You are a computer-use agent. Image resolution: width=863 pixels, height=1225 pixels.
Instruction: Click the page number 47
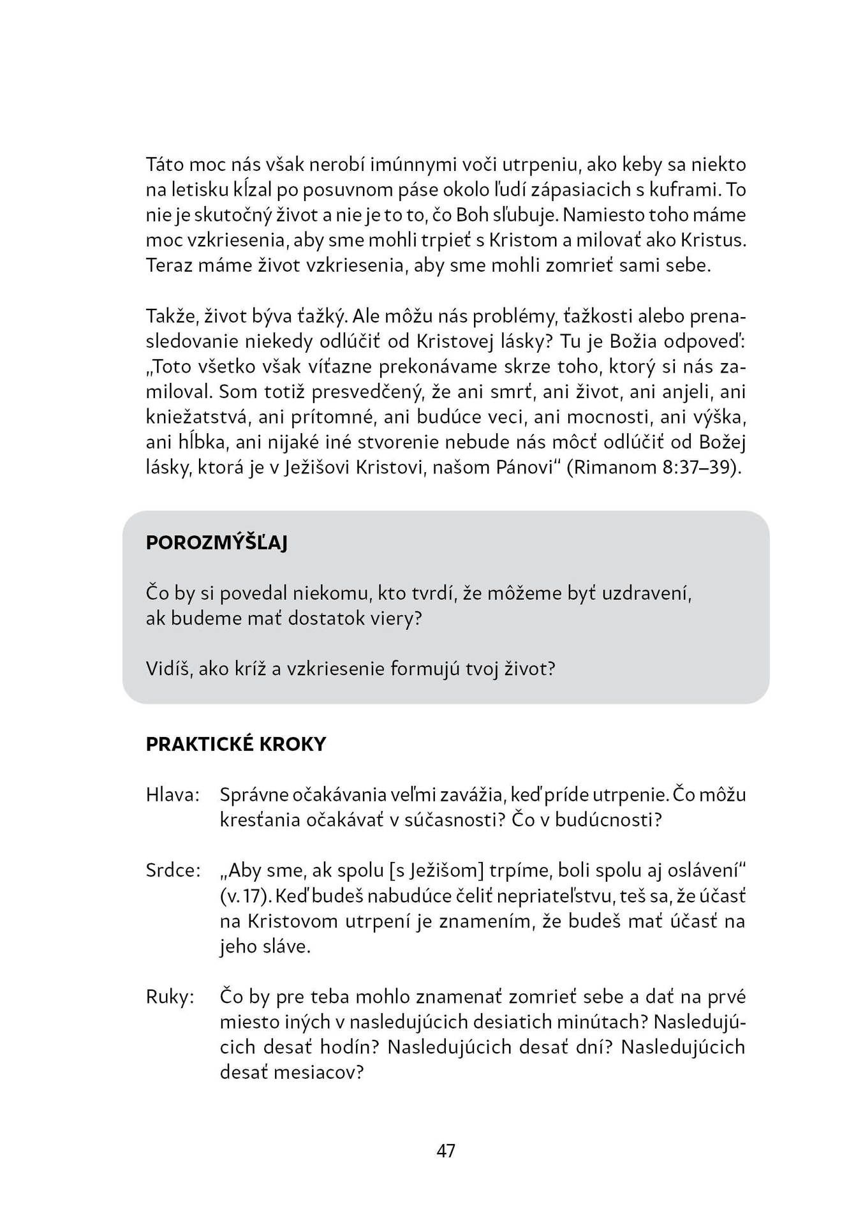(446, 1150)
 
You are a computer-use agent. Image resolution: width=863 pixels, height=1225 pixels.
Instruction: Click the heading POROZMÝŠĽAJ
(217, 543)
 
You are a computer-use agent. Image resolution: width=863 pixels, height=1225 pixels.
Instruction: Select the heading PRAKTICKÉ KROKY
(236, 744)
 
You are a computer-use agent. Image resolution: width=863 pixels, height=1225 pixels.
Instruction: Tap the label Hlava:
(173, 795)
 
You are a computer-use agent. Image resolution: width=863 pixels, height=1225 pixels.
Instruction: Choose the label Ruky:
(170, 997)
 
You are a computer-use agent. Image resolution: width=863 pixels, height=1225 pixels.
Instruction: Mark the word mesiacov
(291, 1073)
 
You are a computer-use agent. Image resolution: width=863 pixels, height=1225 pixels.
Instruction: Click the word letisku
(201, 190)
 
